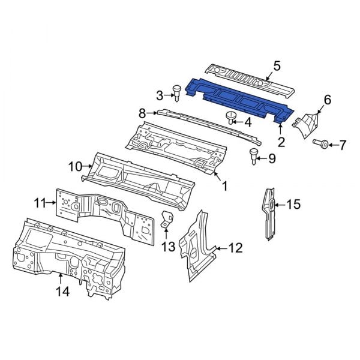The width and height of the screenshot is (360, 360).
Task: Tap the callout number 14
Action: pyautogui.click(x=62, y=292)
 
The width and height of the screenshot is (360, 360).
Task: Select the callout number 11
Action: pyautogui.click(x=40, y=203)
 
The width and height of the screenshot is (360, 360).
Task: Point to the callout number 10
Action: pyautogui.click(x=75, y=166)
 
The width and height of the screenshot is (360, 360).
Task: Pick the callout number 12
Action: pyautogui.click(x=235, y=247)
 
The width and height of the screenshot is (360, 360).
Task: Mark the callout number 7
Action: pyautogui.click(x=342, y=145)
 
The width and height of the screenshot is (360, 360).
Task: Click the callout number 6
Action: pyautogui.click(x=327, y=100)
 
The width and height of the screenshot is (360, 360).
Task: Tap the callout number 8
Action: pyautogui.click(x=142, y=112)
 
